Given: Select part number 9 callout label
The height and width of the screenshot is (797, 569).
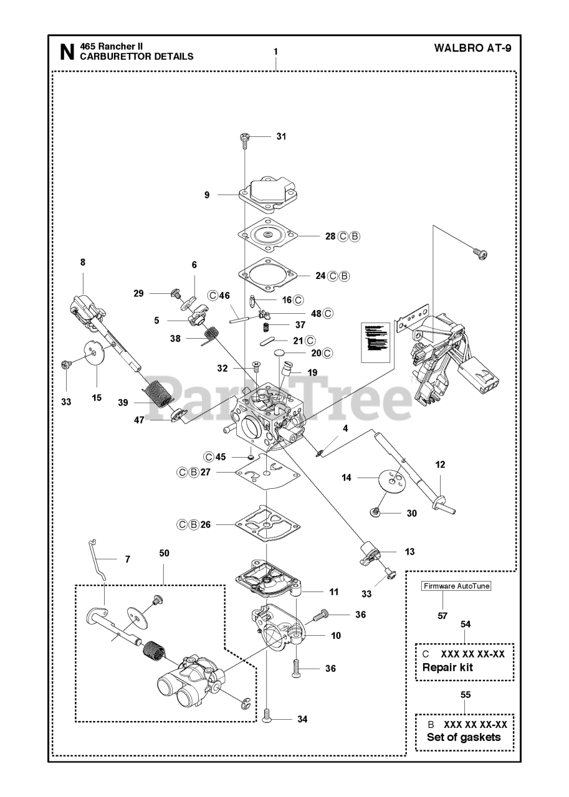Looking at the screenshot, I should (x=207, y=195).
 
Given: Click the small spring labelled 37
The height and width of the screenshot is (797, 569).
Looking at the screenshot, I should (x=264, y=326).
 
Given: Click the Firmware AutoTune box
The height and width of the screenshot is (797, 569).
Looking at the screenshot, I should (x=456, y=586).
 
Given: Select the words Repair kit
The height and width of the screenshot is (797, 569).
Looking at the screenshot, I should (x=447, y=667).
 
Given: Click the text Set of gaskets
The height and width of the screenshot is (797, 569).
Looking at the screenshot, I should (x=463, y=737).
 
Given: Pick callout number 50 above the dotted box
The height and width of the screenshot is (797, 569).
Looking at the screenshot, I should (x=165, y=553).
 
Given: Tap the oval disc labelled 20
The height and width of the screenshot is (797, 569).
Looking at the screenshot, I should (x=284, y=354).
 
